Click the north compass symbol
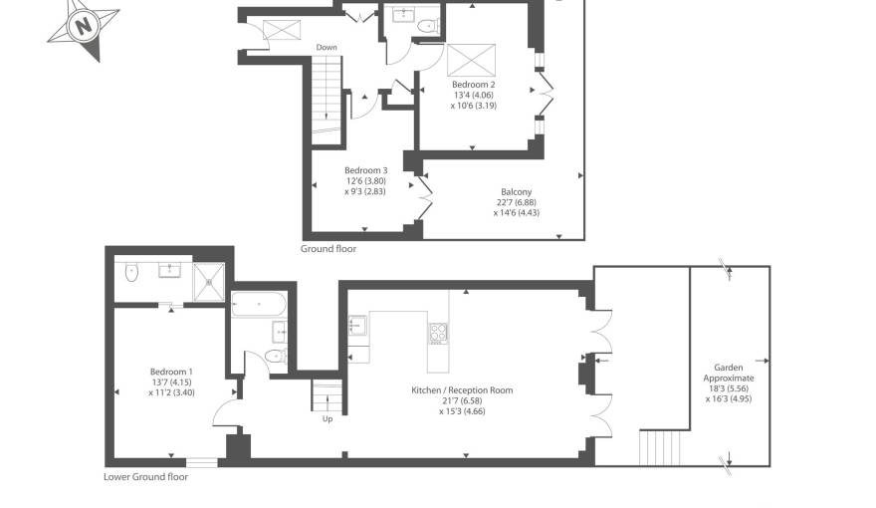point(84,25)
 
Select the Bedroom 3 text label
point(365,170)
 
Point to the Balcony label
point(516,192)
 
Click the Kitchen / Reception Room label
point(462,390)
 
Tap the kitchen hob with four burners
point(438,333)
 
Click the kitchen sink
point(358,327)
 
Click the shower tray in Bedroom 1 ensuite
point(209,280)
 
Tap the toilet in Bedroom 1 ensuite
point(130,271)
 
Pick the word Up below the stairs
point(327,419)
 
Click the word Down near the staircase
point(327,47)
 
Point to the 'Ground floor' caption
point(328,249)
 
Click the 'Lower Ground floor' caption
point(145,477)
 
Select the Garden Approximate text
point(735,373)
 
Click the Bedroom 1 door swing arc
point(229,410)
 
